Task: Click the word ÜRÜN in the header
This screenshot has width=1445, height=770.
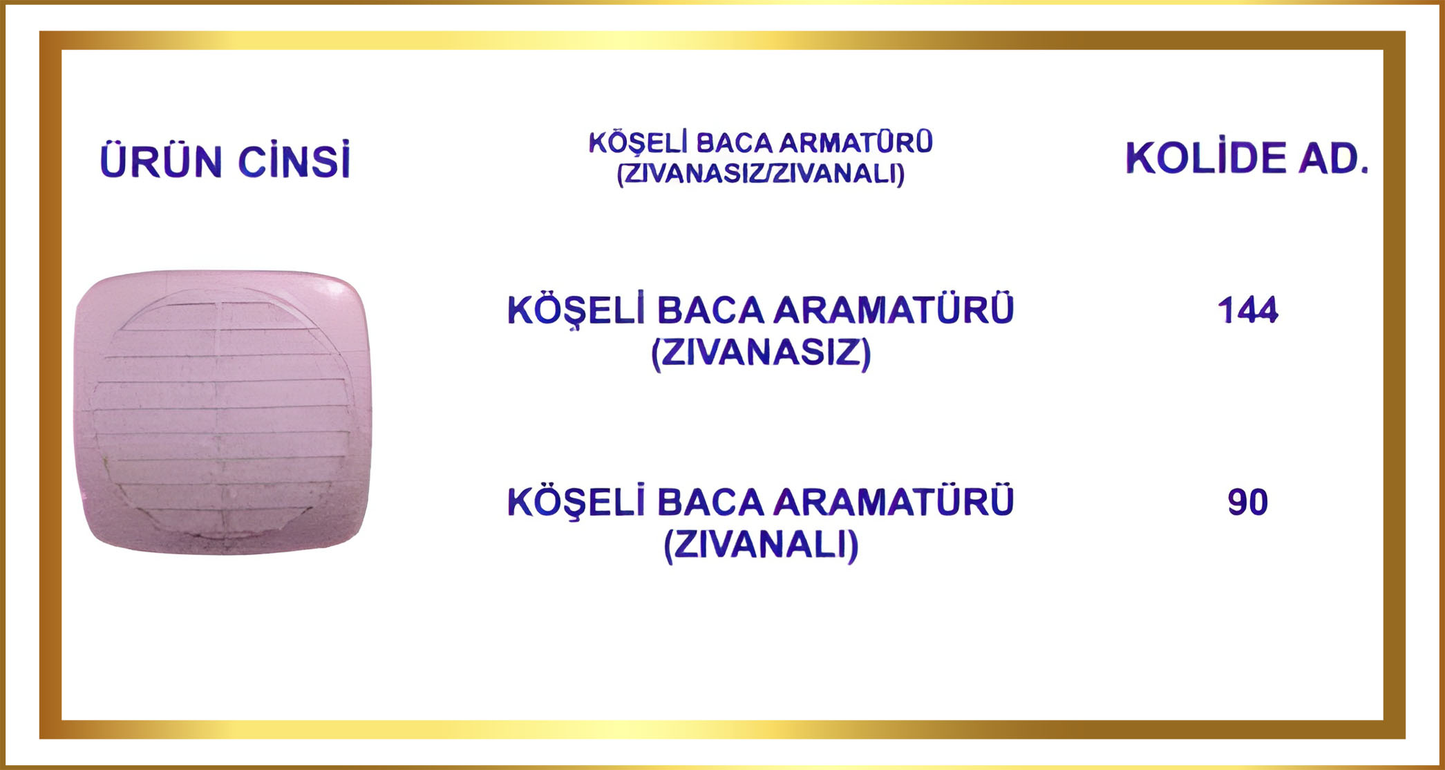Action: click(160, 160)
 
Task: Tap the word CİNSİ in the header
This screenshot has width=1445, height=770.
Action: click(294, 160)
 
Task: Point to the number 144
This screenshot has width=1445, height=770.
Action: click(1248, 310)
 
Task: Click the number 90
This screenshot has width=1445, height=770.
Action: click(1248, 503)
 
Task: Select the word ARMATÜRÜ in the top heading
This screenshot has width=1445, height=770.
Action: click(856, 142)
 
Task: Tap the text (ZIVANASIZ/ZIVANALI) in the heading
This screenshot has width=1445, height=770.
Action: click(761, 174)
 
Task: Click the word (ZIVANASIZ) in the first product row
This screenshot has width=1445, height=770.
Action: click(762, 353)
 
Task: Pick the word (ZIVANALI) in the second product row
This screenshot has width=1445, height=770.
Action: click(762, 545)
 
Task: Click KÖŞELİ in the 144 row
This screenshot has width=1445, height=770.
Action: click(576, 310)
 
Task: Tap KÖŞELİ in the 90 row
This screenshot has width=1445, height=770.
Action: click(576, 502)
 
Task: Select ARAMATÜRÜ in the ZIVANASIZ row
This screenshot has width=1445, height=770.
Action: click(894, 310)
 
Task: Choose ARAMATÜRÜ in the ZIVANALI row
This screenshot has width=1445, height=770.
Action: click(894, 502)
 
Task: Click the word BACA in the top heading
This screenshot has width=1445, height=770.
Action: click(734, 143)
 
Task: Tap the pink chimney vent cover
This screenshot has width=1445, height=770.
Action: click(223, 412)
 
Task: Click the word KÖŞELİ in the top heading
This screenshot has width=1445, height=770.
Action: click(639, 143)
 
